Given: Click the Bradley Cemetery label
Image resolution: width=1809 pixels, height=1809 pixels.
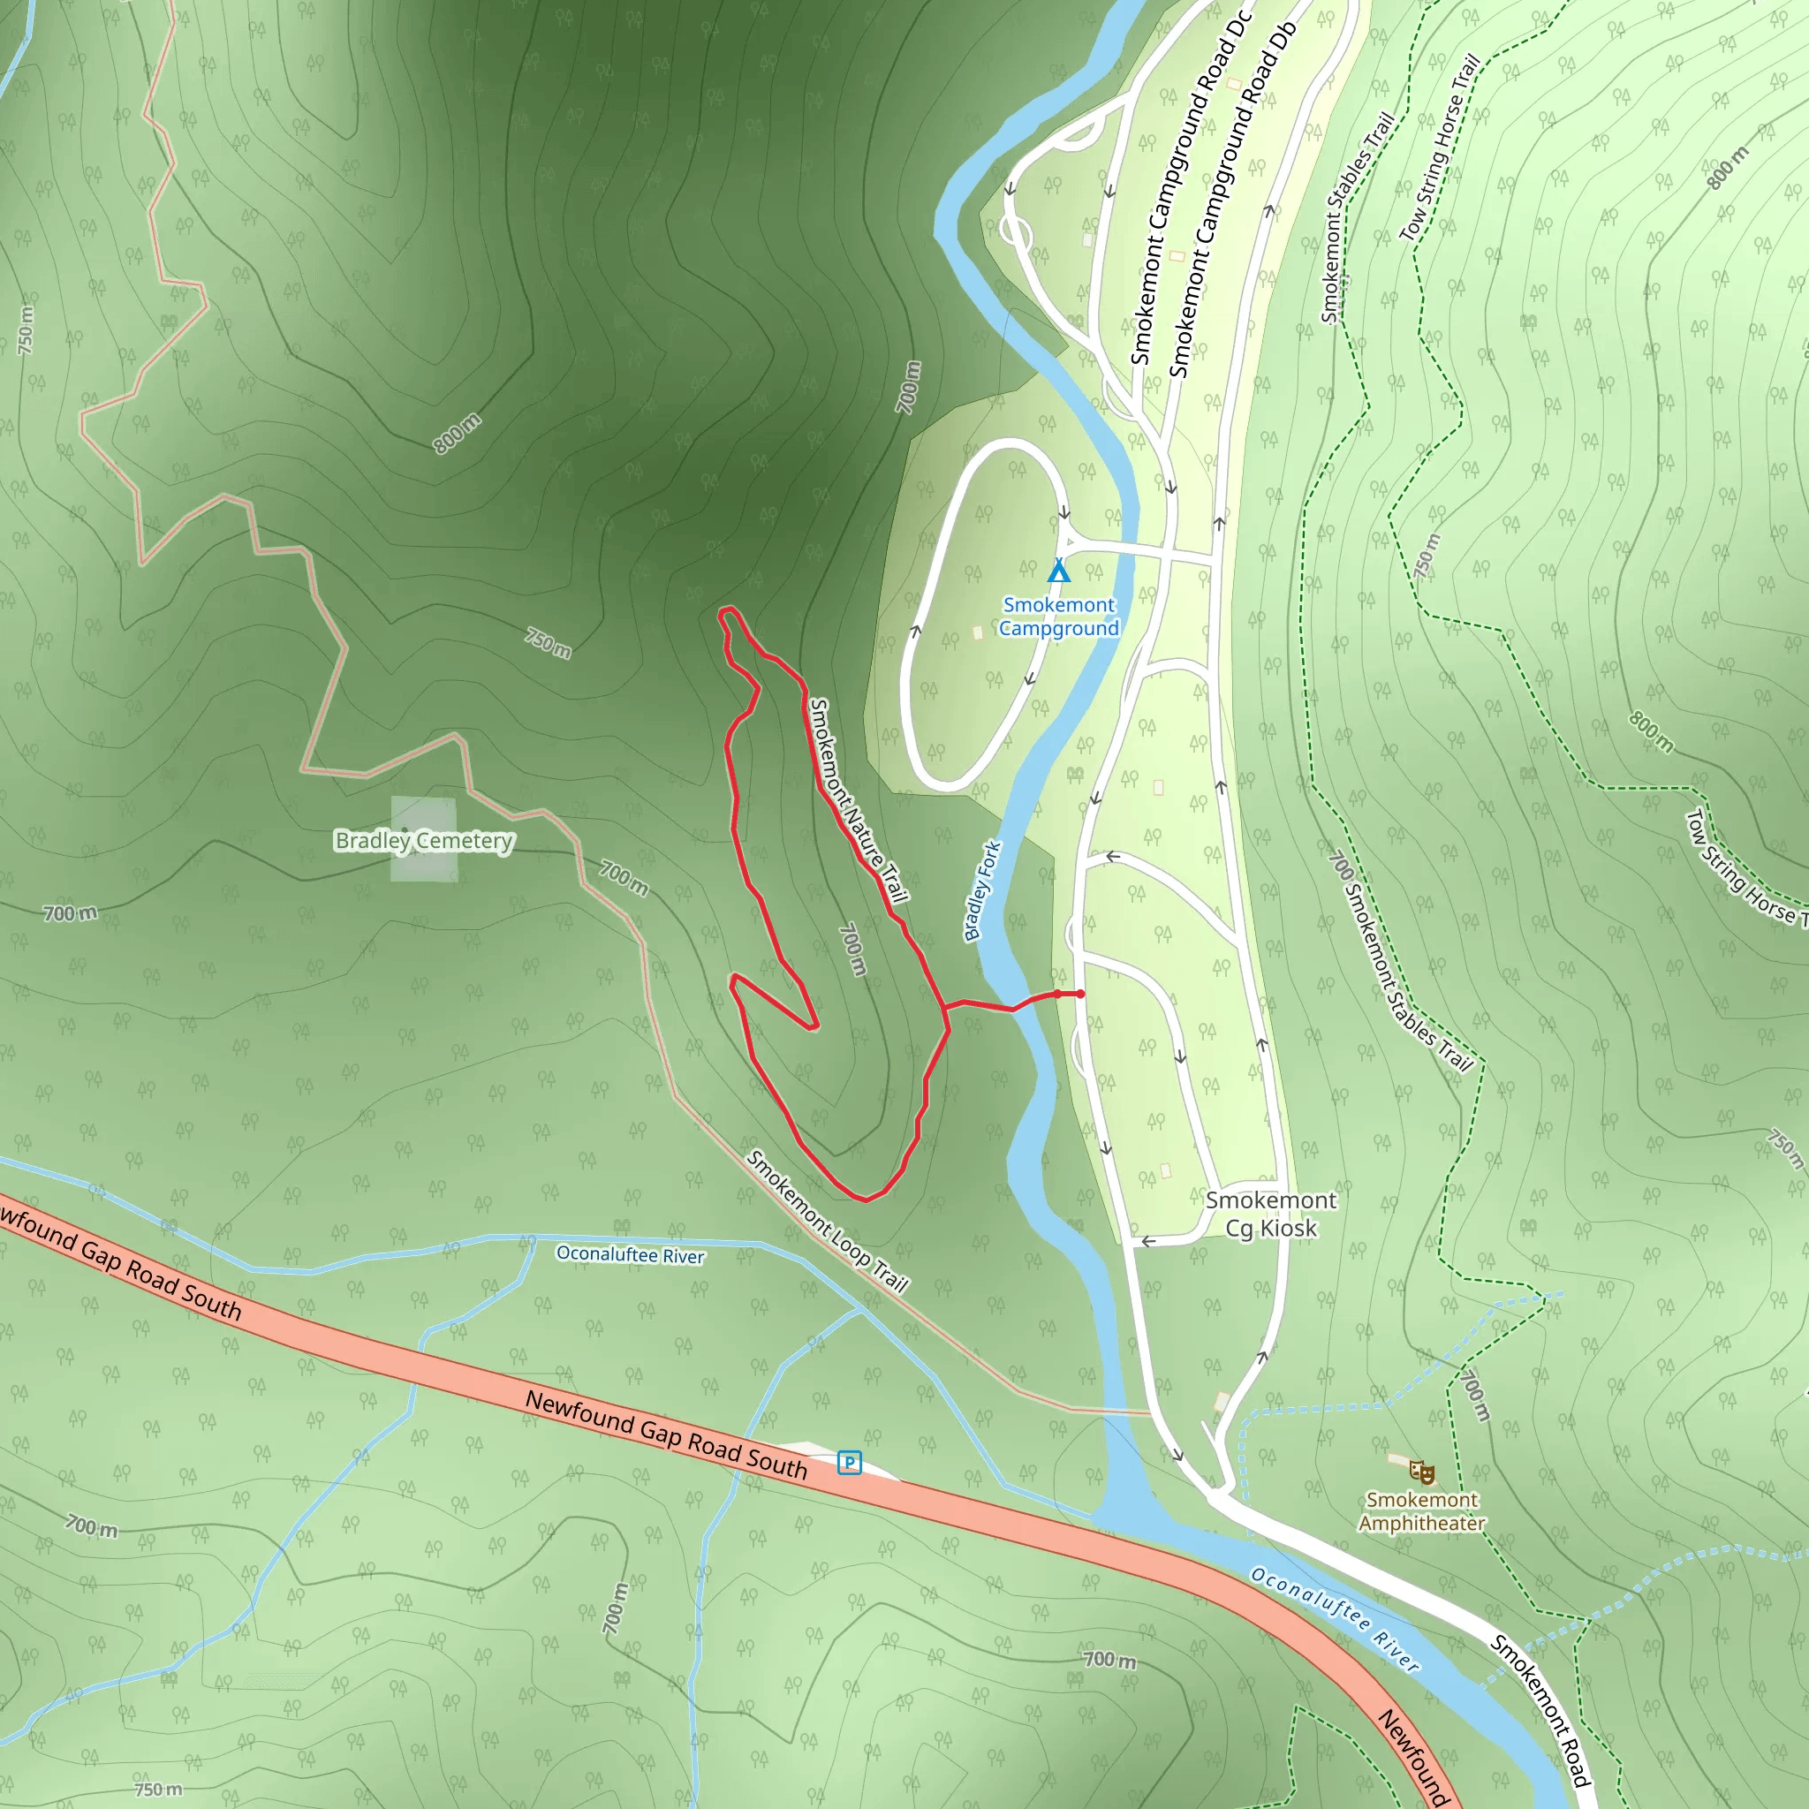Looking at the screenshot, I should click(x=424, y=841).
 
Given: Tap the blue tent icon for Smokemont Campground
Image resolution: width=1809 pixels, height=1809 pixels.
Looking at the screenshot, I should click(x=1058, y=571).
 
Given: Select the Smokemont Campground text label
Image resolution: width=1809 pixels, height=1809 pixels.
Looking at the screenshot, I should click(x=1059, y=617).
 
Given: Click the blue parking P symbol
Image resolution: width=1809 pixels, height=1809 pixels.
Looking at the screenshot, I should click(x=849, y=1463).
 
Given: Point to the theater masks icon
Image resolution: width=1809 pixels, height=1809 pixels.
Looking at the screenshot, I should click(x=1422, y=1472).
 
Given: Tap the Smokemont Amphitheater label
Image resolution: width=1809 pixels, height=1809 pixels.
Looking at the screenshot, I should click(x=1421, y=1511).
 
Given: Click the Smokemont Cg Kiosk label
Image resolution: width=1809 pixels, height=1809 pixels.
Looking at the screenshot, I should click(x=1270, y=1214).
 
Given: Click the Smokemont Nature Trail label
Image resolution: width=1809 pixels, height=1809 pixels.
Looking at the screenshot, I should click(x=858, y=800).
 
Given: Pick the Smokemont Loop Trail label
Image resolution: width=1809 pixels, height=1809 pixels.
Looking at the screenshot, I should click(x=828, y=1222).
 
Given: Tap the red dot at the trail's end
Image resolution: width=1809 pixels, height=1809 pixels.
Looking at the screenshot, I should click(x=1080, y=995).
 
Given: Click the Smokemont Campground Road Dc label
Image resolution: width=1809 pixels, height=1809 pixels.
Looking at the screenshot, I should click(x=1190, y=187).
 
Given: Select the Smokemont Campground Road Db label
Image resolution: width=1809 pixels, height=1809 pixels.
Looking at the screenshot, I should click(x=1231, y=201).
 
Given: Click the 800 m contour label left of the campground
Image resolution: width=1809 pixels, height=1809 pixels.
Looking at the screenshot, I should click(x=457, y=433).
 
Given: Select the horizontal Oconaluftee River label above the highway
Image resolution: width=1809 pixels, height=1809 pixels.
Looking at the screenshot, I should click(x=630, y=1254).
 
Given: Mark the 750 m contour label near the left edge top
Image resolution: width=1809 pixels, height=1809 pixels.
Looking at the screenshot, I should click(x=26, y=329).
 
